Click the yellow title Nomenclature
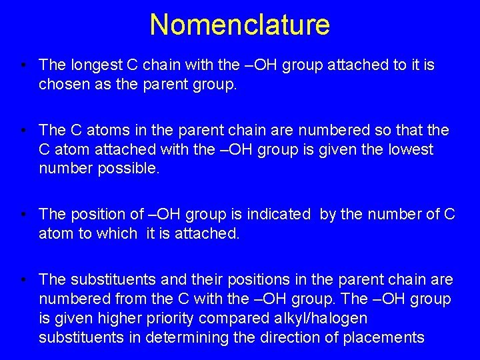239,25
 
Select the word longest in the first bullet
97,65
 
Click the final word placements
383,337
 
